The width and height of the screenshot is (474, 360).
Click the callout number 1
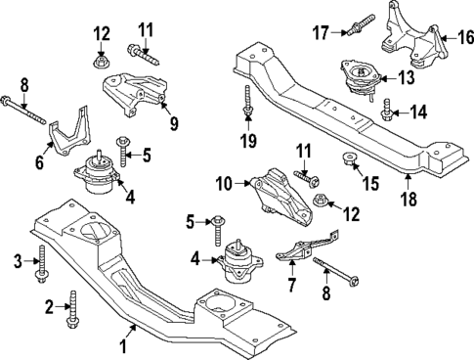(123, 346)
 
